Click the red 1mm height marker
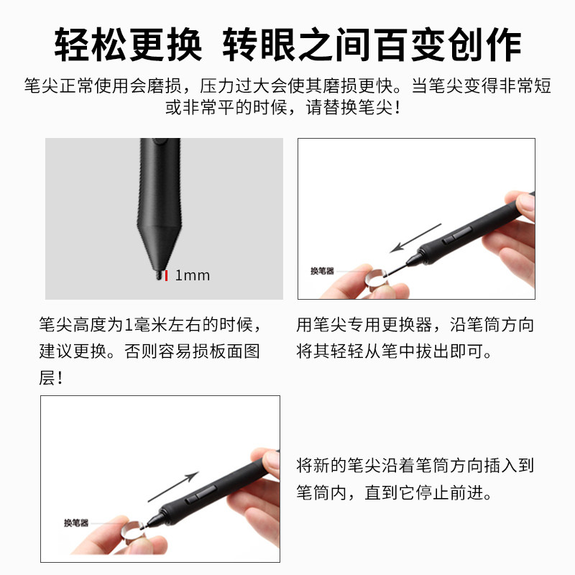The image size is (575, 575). click(166, 275)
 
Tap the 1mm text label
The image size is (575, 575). click(193, 275)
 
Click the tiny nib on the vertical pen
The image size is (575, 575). click(160, 275)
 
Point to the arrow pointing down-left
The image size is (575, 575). click(415, 238)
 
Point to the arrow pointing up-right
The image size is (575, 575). click(173, 487)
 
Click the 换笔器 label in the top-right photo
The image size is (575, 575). click(322, 271)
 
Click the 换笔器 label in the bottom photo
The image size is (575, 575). click(76, 523)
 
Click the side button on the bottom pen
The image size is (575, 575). click(201, 494)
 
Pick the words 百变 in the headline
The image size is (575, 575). click(409, 45)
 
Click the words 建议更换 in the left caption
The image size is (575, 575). click(73, 351)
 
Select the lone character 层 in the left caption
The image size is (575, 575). click(47, 378)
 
